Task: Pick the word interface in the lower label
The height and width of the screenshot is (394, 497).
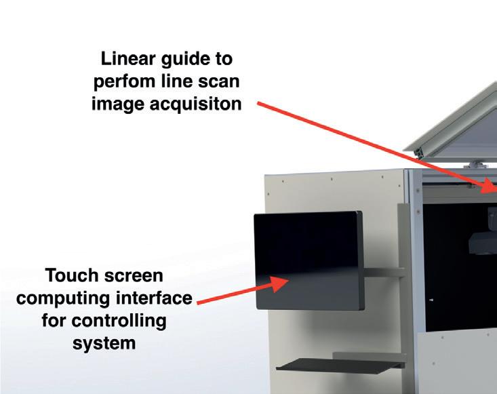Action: click(157, 298)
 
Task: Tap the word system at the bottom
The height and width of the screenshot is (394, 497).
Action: click(104, 343)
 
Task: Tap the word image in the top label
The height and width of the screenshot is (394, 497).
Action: click(121, 105)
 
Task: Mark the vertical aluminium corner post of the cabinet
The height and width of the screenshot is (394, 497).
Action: click(413, 271)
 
